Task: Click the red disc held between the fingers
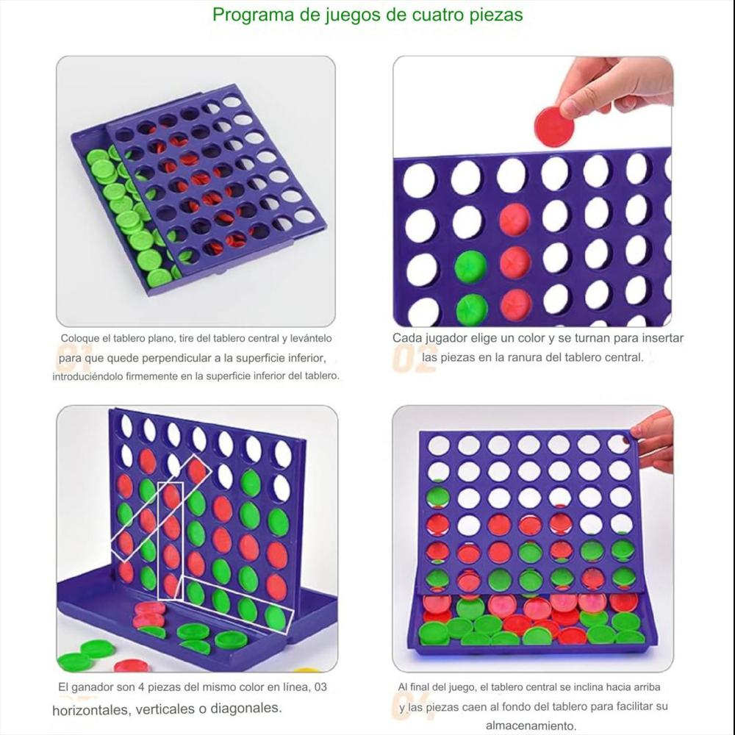pyautogui.click(x=553, y=126)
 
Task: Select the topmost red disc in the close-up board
pyautogui.click(x=514, y=219)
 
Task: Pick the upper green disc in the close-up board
pyautogui.click(x=470, y=266)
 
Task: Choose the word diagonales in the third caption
pyautogui.click(x=245, y=709)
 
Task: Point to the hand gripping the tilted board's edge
pyautogui.click(x=654, y=441)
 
